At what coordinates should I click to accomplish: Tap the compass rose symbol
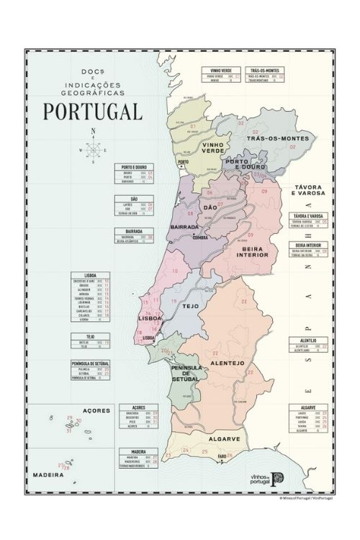click(93, 149)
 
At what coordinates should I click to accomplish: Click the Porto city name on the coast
click(183, 162)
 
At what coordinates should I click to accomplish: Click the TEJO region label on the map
click(191, 306)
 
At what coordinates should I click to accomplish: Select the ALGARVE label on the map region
click(214, 438)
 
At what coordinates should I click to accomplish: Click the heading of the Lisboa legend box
click(91, 274)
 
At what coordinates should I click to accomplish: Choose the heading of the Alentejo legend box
click(309, 340)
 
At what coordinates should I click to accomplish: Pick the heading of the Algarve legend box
click(310, 407)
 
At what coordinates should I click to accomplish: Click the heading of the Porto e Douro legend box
click(135, 167)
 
